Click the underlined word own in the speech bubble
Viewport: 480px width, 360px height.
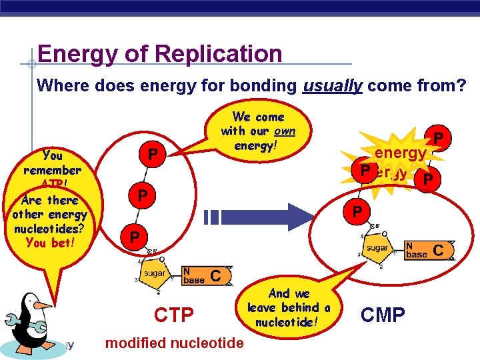tap(283, 131)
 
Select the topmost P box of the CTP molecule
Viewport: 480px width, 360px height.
tap(153, 155)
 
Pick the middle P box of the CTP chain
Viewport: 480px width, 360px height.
tap(142, 196)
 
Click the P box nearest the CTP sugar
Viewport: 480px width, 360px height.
tap(134, 237)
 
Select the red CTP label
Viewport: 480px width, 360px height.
tap(174, 315)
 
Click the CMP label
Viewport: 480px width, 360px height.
tap(383, 314)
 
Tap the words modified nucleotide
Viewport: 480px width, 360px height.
tap(175, 343)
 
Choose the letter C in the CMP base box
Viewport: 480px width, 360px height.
tap(438, 250)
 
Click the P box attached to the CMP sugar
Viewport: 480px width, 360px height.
tap(357, 212)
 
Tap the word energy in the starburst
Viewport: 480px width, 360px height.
tap(400, 153)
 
